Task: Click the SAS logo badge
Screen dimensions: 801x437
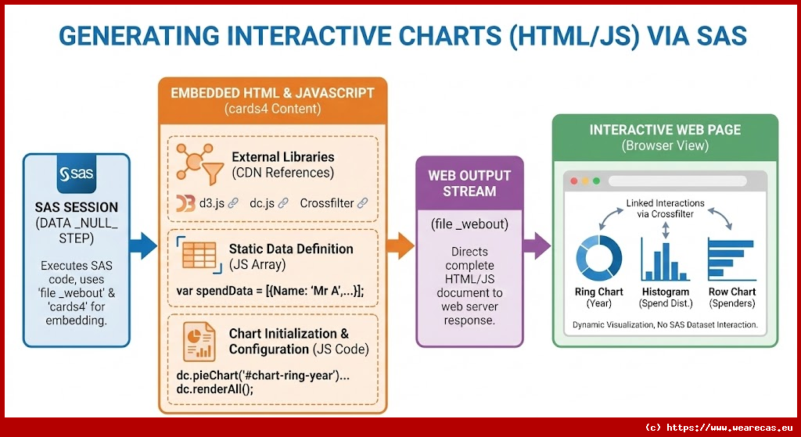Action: point(76,174)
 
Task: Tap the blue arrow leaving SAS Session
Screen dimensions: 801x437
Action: point(142,246)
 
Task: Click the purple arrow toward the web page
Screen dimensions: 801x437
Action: point(537,246)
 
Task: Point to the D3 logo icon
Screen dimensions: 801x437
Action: point(185,203)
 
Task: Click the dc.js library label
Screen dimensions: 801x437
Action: point(263,203)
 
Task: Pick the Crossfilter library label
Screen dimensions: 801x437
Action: point(327,203)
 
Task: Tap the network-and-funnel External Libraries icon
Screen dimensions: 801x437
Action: point(199,163)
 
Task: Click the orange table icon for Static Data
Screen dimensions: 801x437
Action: point(199,256)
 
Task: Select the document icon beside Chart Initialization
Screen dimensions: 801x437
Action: point(199,342)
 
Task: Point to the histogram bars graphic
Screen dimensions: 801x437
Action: point(665,259)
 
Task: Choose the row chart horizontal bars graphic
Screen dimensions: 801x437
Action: point(731,260)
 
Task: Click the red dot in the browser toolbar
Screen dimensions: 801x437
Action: point(573,181)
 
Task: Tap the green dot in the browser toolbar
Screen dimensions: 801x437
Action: point(596,181)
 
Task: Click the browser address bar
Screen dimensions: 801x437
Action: point(677,181)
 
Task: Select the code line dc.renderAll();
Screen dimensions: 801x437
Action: point(215,389)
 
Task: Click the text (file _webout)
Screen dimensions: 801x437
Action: point(469,224)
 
